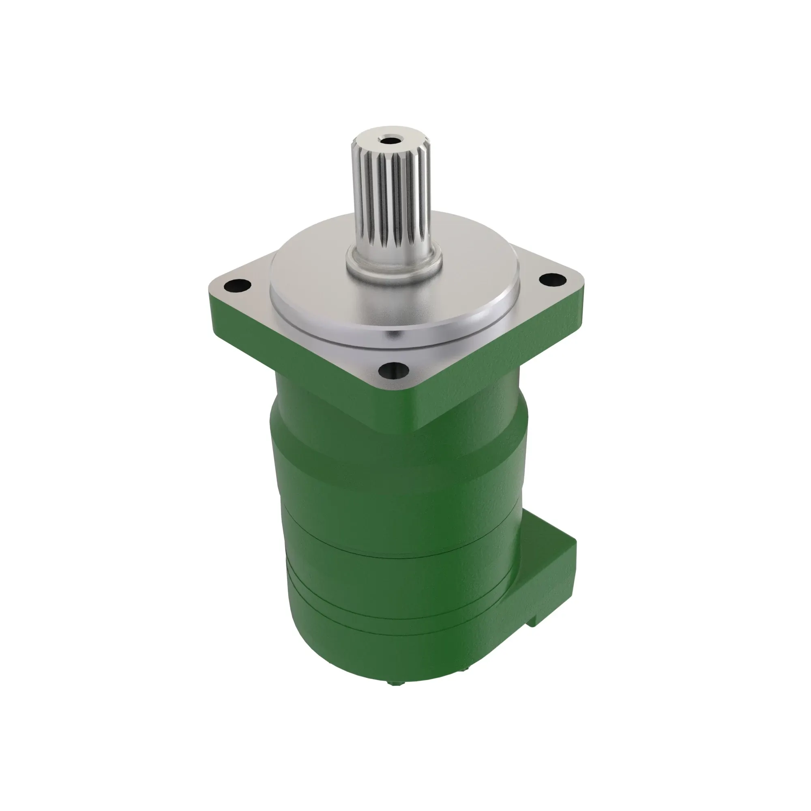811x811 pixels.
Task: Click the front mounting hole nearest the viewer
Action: point(393,369)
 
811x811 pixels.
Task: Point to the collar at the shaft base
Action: point(394,262)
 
